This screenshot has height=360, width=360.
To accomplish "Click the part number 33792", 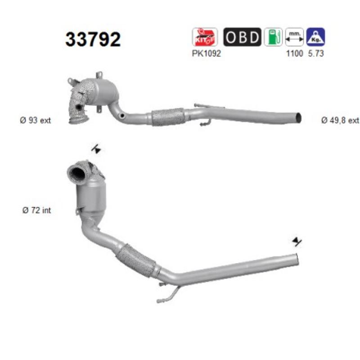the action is [x=93, y=39].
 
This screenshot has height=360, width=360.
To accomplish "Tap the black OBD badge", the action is [x=242, y=37].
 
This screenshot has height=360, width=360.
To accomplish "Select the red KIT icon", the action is [x=205, y=37].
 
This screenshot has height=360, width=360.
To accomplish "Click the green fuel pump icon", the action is [x=273, y=37].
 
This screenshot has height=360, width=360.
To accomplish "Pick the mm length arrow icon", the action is [x=294, y=37].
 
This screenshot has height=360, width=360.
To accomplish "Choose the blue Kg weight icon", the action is [x=316, y=37].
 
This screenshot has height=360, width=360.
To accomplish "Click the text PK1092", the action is [x=206, y=54].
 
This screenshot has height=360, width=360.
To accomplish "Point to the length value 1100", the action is [x=294, y=54].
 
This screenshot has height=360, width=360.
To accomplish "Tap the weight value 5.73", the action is [x=316, y=54].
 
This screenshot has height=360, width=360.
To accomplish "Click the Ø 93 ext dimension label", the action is [x=36, y=120].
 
